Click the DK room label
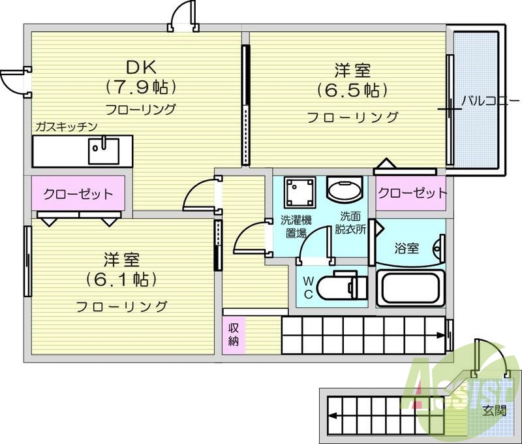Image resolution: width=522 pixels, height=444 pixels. coord(141,68)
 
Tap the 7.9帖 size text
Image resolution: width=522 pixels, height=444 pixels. coord(141,87)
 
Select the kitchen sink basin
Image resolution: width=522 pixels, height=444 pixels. coord(104,151)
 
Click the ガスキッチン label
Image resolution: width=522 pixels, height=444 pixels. coord(66,127)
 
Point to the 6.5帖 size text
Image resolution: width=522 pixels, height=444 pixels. coord(352,90)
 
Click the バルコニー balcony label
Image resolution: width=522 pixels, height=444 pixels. coord(490,101)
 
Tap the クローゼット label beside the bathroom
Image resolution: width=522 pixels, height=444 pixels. coord(412,193)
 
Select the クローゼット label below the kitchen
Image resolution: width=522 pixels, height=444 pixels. coord(78,194)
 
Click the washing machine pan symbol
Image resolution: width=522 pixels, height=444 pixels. coord(299,193)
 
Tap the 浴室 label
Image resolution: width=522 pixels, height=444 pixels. coord(407,249)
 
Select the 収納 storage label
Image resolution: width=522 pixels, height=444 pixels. coord(234,335)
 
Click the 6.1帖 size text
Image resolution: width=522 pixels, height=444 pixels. coord(121,280)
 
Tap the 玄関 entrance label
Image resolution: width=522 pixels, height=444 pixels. coord(495,410)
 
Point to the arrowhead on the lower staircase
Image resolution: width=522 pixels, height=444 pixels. coord(332,416)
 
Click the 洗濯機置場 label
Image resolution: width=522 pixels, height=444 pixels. coord(296,227)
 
